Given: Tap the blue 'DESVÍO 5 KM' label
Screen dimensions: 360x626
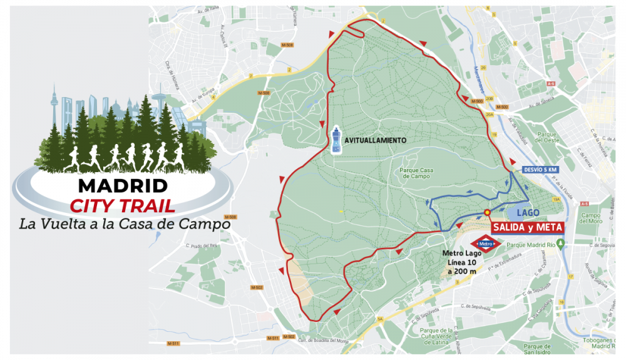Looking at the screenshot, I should (540, 170).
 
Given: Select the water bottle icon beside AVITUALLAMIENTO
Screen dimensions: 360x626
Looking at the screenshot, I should (337, 140).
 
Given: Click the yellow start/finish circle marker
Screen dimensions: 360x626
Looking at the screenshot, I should (487, 213).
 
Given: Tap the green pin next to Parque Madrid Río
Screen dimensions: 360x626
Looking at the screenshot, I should (561, 244).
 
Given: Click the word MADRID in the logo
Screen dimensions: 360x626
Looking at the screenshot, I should (123, 186).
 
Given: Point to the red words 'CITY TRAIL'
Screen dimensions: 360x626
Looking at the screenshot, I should (123, 205).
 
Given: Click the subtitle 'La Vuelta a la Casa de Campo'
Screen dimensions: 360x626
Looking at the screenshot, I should (125, 223).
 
